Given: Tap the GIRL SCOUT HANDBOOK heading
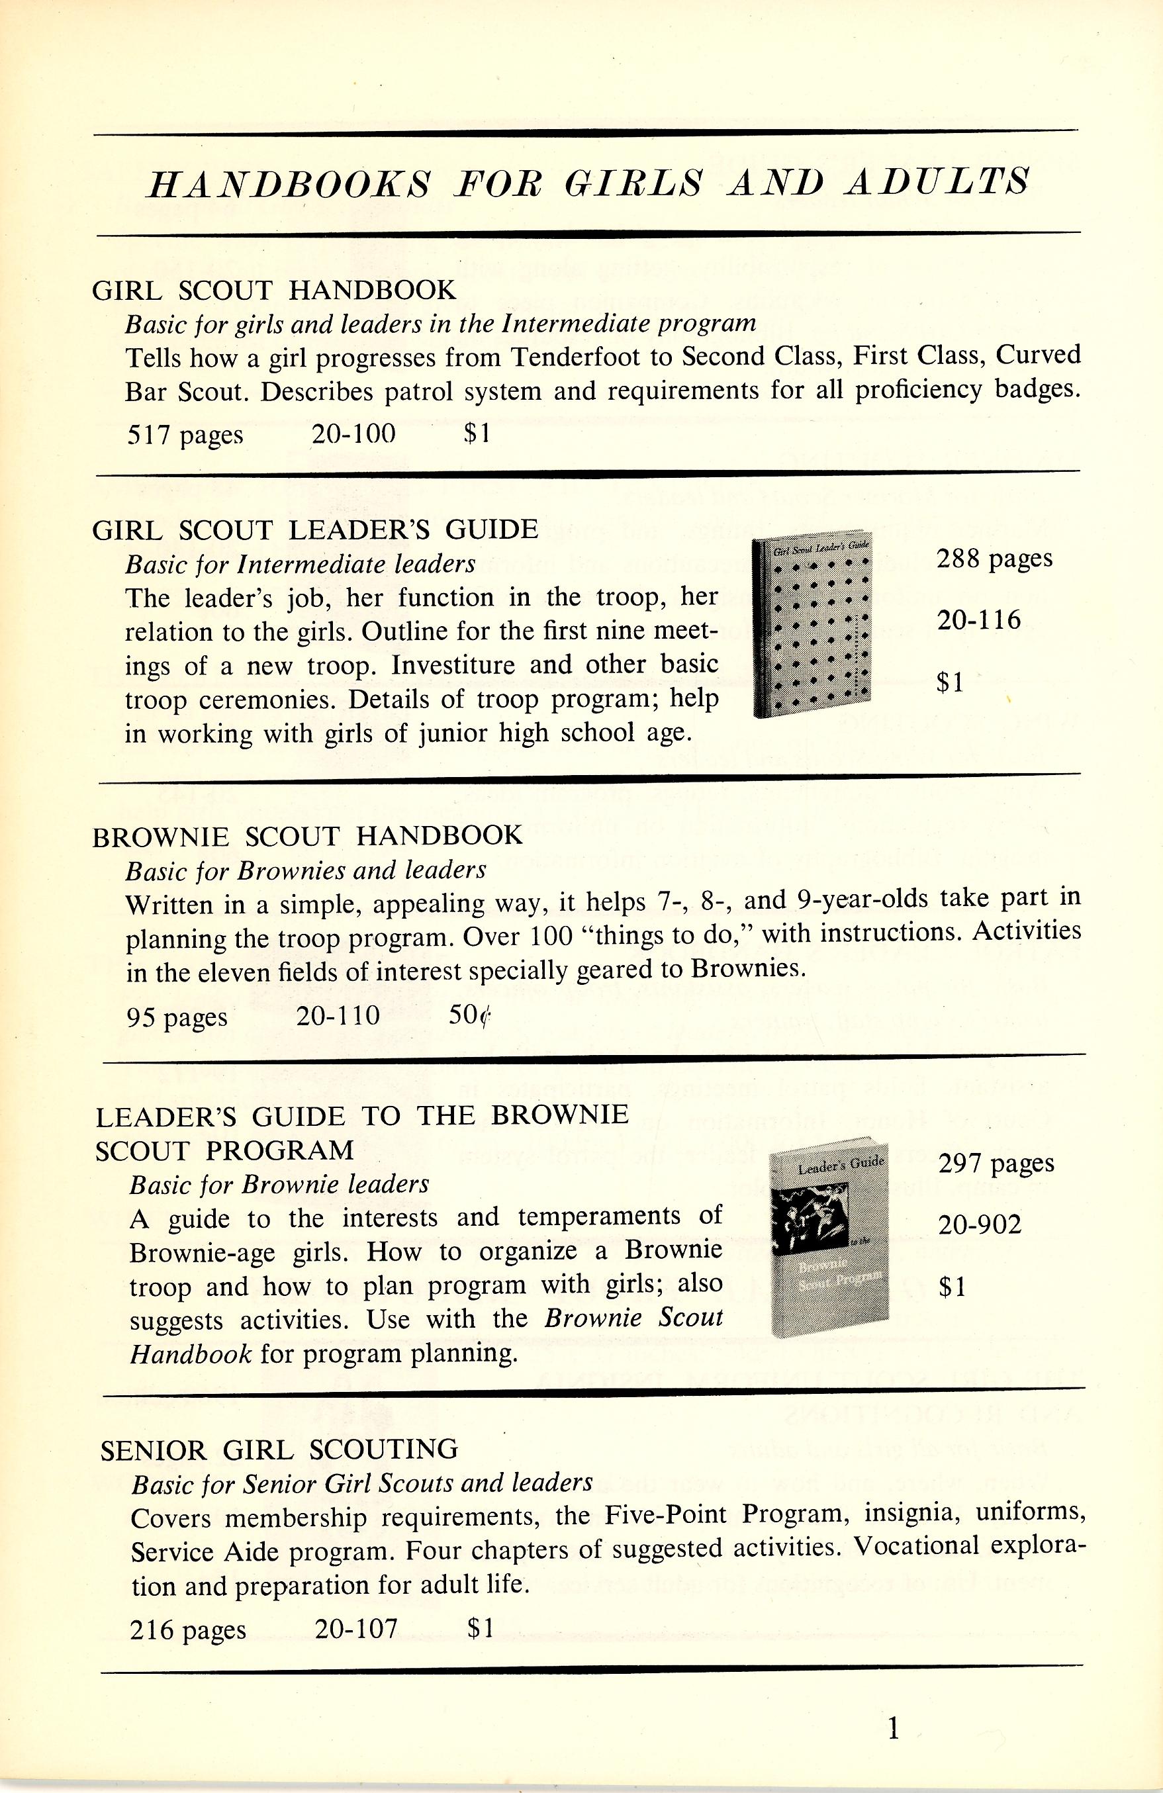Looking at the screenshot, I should tap(274, 290).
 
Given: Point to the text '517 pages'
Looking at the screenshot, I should tap(185, 435).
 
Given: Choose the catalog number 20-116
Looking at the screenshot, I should tap(979, 621).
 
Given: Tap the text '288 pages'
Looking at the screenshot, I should tap(994, 559).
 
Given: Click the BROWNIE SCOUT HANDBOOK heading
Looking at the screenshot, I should tap(307, 836).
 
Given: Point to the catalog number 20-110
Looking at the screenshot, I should tap(338, 1015).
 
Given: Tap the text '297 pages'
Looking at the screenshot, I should tap(996, 1165).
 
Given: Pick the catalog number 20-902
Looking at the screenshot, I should tap(980, 1226).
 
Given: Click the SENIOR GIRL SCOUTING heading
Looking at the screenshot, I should tap(279, 1449).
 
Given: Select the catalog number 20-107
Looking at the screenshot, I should tap(355, 1630).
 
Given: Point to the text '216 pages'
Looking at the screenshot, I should tap(187, 1630).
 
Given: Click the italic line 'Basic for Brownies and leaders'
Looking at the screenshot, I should tap(306, 871).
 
